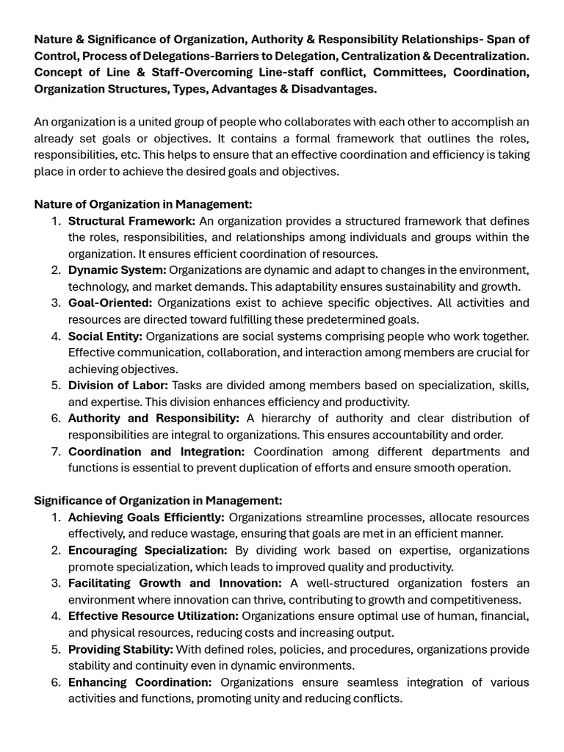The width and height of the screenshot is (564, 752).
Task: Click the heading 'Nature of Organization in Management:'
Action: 142,204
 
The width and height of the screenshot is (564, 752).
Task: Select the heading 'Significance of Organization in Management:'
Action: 158,501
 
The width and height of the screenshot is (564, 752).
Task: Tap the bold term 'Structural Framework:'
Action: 131,221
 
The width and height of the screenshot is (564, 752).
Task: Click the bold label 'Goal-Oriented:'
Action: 110,303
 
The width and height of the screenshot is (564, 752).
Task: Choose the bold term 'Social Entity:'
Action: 105,336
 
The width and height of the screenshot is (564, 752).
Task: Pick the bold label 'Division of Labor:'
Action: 118,386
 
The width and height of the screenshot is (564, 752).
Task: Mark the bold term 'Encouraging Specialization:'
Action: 148,550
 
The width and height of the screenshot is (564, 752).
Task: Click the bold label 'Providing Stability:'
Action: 120,649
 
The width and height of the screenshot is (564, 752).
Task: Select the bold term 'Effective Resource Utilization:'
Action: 153,616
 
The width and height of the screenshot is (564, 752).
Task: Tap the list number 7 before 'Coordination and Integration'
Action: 56,452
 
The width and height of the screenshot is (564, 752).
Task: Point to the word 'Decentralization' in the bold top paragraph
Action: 480,56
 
